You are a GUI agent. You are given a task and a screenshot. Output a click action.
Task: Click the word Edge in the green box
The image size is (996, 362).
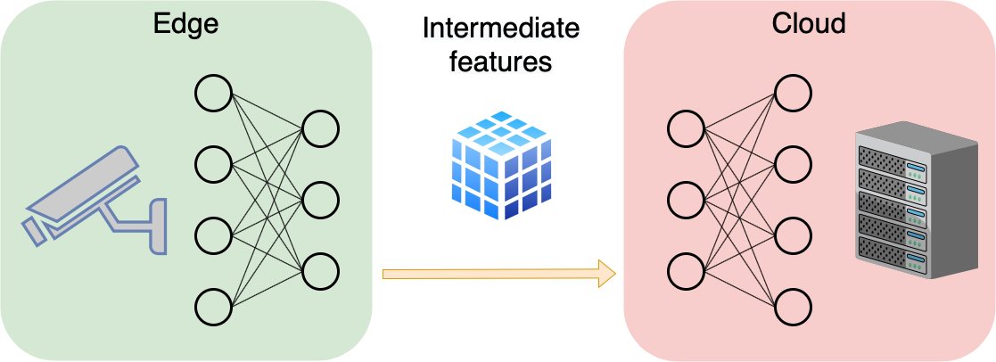pyautogui.click(x=185, y=24)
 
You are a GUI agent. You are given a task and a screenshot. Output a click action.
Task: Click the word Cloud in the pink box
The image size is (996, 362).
pyautogui.click(x=809, y=23)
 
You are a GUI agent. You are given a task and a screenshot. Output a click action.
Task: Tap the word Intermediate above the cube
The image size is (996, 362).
pyautogui.click(x=501, y=29)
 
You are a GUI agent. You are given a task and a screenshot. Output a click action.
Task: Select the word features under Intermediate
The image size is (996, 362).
pyautogui.click(x=500, y=62)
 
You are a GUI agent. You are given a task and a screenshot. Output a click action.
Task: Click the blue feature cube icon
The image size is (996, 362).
pyautogui.click(x=501, y=166)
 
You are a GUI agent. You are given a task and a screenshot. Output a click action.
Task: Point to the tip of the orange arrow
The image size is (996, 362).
pyautogui.click(x=616, y=274)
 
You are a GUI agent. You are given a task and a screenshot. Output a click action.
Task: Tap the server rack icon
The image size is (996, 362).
pyautogui.click(x=917, y=200)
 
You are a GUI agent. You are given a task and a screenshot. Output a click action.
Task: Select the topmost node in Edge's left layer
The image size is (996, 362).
pyautogui.click(x=213, y=94)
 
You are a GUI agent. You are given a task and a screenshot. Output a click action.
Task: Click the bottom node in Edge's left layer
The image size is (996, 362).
pyautogui.click(x=213, y=308)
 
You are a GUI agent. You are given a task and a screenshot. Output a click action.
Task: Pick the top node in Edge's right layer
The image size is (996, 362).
pyautogui.click(x=320, y=129)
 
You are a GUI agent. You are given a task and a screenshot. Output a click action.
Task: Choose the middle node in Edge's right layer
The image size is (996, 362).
pyautogui.click(x=320, y=201)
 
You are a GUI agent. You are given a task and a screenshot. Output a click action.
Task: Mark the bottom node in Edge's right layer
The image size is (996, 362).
pyautogui.click(x=320, y=272)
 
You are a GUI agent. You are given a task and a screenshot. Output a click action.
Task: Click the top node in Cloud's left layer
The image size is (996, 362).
pyautogui.click(x=686, y=129)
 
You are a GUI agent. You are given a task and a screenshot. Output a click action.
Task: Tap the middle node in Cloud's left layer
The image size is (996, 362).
pyautogui.click(x=686, y=201)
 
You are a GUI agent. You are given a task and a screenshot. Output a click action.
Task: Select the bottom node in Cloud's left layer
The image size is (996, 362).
pyautogui.click(x=686, y=272)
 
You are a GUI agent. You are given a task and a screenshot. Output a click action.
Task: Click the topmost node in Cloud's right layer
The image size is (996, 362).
pyautogui.click(x=793, y=94)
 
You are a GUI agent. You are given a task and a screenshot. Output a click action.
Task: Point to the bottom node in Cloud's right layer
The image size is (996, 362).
pyautogui.click(x=793, y=308)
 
